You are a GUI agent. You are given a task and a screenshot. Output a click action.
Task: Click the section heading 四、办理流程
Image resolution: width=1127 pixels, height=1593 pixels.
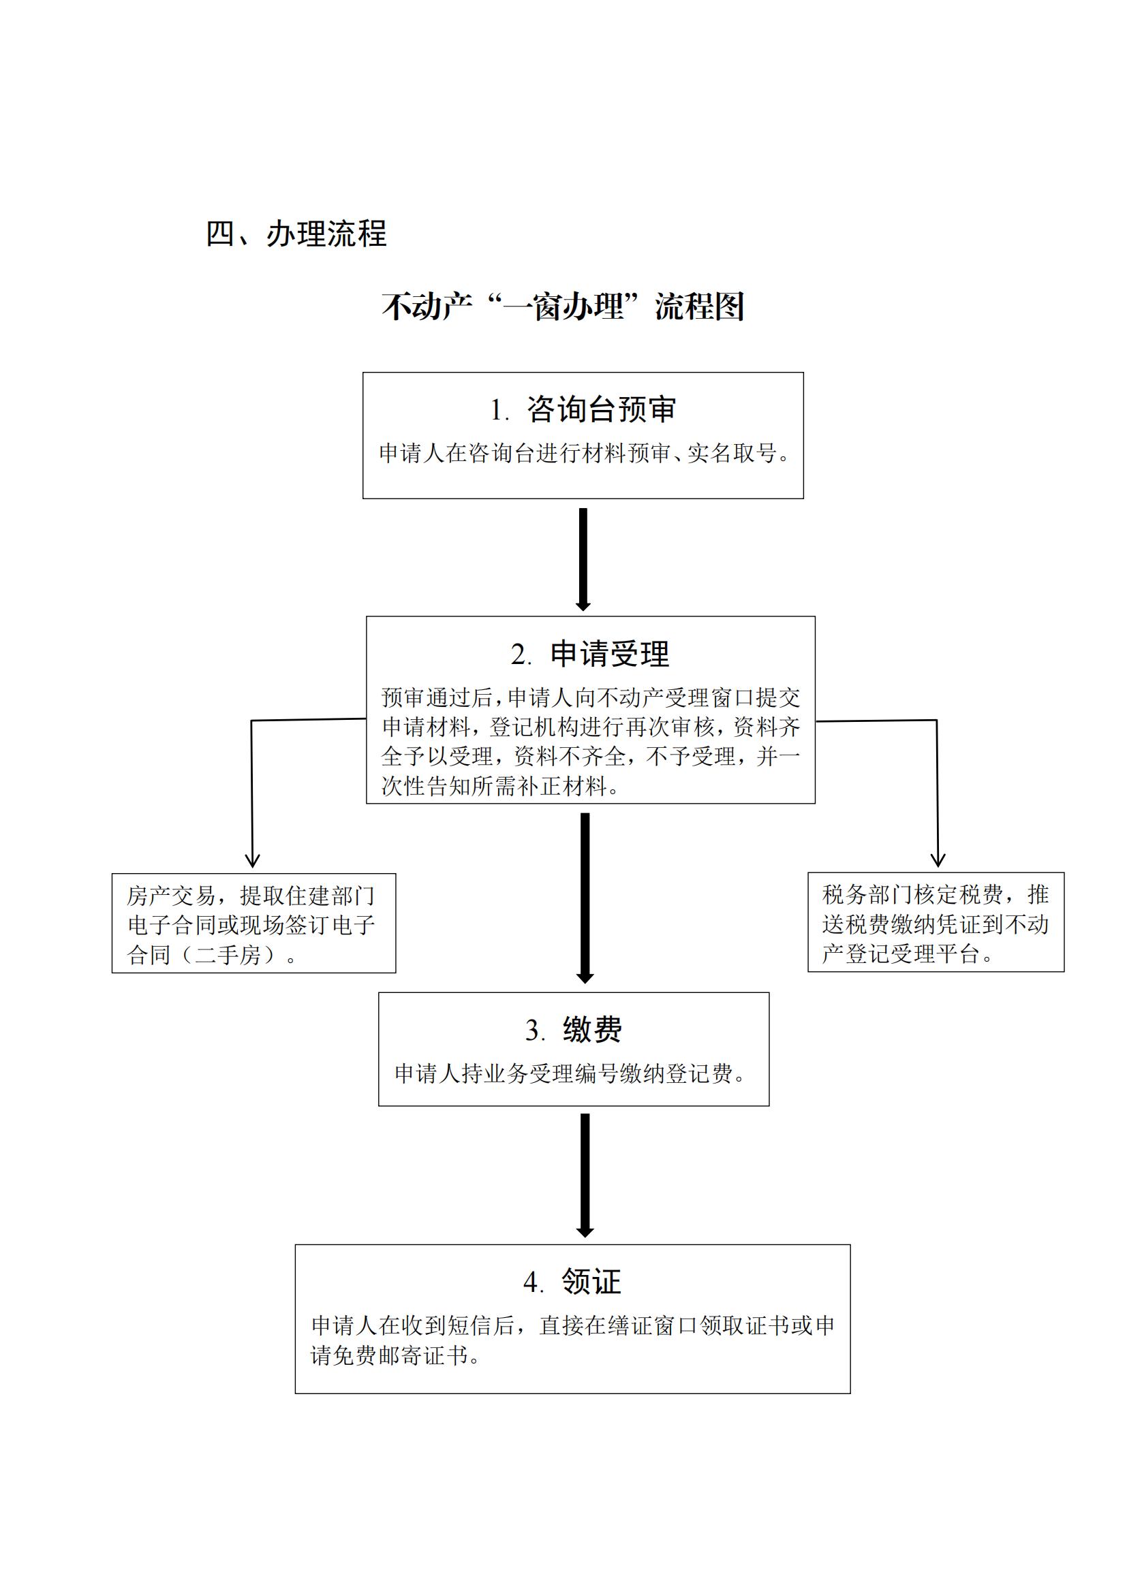coord(296,233)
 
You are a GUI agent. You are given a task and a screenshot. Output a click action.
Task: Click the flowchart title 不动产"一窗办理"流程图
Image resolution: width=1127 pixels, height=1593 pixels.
coord(563,306)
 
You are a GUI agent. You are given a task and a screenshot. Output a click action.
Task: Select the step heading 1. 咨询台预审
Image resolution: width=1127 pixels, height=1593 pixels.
coord(583,409)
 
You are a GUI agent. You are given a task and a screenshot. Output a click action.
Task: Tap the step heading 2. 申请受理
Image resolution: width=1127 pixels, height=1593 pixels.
coord(590,654)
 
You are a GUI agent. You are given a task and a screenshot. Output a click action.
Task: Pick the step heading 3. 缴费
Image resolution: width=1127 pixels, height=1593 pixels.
coord(573,1030)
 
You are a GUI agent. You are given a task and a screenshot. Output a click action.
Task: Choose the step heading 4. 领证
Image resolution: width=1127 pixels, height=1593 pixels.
coord(572,1282)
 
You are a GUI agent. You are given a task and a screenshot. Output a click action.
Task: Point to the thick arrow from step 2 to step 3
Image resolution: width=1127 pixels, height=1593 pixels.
coord(585,898)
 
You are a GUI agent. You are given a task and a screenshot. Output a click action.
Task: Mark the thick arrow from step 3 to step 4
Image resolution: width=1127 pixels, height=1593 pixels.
coord(585,1176)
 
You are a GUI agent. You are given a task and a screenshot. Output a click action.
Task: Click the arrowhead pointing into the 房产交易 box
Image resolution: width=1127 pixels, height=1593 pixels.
coord(253,862)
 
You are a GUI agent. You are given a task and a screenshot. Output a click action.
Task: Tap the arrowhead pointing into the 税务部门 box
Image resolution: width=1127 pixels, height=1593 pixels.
coord(938,861)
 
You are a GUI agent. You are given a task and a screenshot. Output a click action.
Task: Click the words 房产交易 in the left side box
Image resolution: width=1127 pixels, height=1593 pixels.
coord(172,896)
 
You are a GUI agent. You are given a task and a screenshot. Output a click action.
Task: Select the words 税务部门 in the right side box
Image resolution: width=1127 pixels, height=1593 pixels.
coord(867,894)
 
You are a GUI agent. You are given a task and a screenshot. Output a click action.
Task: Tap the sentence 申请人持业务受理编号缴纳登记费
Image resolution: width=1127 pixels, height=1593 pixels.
coord(563,1073)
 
